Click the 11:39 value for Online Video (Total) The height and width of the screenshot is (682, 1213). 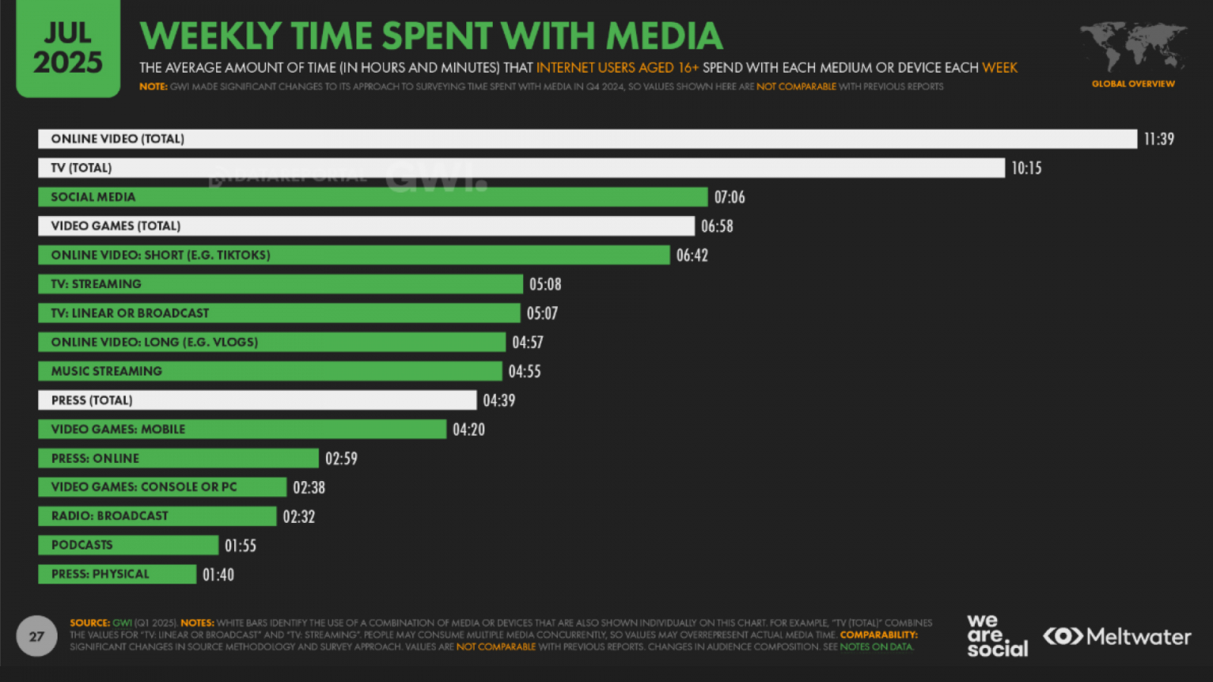click(1158, 139)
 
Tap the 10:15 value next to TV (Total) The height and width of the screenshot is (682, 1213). click(1026, 168)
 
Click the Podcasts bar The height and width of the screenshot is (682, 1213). click(128, 545)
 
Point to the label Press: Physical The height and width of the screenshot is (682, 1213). click(100, 574)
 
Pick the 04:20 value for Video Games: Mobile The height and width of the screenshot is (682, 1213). click(469, 430)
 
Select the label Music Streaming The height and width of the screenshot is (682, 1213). click(106, 371)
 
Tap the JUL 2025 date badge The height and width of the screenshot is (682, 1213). click(68, 48)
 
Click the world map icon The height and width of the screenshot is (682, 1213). click(1133, 45)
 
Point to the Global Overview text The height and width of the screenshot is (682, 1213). click(1133, 84)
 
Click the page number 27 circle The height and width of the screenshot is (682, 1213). click(36, 637)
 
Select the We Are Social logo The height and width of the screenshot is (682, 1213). click(996, 637)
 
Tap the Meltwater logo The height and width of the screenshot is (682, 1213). click(1117, 637)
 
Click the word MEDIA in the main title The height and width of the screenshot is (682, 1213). click(663, 36)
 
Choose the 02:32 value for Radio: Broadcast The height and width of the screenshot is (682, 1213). click(299, 517)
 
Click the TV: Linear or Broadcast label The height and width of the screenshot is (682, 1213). click(130, 313)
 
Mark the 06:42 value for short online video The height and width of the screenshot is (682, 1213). click(691, 255)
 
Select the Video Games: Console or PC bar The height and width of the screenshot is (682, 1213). click(162, 487)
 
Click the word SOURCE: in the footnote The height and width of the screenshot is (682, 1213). click(89, 623)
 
